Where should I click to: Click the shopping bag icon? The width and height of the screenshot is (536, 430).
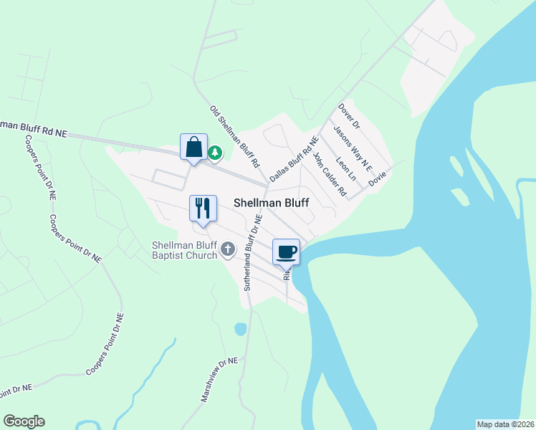pyautogui.click(x=193, y=148)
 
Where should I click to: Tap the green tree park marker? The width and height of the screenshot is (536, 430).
pyautogui.click(x=215, y=153)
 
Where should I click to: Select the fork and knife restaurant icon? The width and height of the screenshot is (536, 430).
pyautogui.click(x=202, y=209)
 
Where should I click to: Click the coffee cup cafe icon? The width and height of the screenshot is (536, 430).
pyautogui.click(x=286, y=252)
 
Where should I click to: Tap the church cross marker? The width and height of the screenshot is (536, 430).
pyautogui.click(x=228, y=249)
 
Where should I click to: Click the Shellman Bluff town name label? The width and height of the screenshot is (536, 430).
pyautogui.click(x=272, y=203)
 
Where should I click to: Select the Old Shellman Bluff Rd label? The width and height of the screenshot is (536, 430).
pyautogui.click(x=234, y=135)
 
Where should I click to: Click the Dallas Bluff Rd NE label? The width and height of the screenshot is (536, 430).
pyautogui.click(x=293, y=158)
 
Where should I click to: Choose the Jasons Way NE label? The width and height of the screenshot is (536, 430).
pyautogui.click(x=353, y=149)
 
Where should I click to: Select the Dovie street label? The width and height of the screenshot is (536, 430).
pyautogui.click(x=378, y=178)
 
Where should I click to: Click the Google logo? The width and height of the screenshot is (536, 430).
pyautogui.click(x=24, y=421)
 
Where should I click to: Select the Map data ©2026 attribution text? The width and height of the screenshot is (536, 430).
pyautogui.click(x=505, y=424)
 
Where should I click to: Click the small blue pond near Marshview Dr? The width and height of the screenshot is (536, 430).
pyautogui.click(x=240, y=329)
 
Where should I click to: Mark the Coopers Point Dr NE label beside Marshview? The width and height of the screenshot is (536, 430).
pyautogui.click(x=105, y=344)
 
